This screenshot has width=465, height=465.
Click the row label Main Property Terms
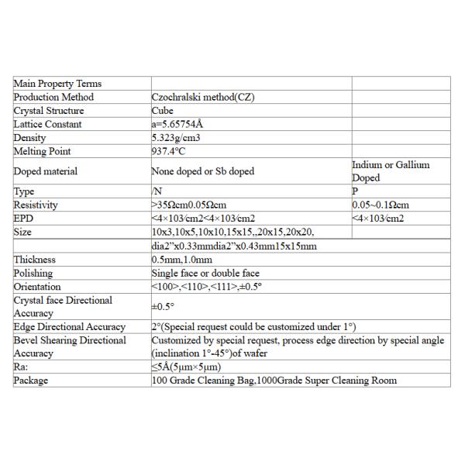coord(57,84)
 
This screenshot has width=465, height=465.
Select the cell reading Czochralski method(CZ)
coord(203,97)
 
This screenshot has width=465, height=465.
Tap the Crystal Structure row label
coord(49,111)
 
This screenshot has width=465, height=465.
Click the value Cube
coord(163,111)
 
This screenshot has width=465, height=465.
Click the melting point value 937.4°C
coord(170,151)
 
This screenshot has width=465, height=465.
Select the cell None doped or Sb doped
coord(203,171)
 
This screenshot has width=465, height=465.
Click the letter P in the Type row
coord(355,191)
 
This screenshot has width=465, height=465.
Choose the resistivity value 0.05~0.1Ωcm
coord(380,205)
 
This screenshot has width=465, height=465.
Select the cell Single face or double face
coord(205,273)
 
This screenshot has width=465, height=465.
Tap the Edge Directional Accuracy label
coord(69,327)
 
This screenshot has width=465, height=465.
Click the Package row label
coord(31,381)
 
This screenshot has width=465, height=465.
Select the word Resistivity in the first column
coord(36,205)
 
